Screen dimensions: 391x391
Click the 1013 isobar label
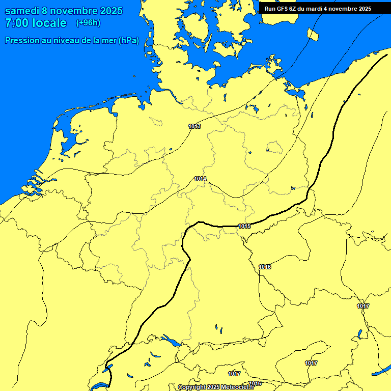click(194, 126)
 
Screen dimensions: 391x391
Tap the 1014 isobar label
click(200, 179)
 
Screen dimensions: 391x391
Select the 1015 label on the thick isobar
click(244, 226)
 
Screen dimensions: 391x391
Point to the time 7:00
click(17, 23)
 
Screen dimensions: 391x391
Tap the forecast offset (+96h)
click(88, 23)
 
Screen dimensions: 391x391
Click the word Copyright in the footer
click(191, 387)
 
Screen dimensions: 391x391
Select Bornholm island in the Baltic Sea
click(313, 34)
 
